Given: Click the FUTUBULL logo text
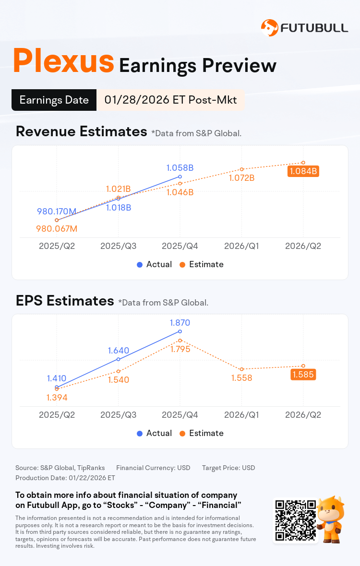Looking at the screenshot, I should click(x=314, y=28).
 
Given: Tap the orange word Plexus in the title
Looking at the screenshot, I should click(x=63, y=61).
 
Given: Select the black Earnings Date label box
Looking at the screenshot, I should click(x=54, y=100).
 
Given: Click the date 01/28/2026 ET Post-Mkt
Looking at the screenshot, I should click(x=170, y=100).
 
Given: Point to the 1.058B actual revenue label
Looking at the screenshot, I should click(x=180, y=168).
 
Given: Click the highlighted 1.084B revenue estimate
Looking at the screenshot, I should click(x=303, y=171).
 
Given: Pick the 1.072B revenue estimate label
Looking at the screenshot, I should click(x=241, y=178).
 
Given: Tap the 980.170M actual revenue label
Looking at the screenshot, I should click(x=57, y=211).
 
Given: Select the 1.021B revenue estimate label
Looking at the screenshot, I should click(x=118, y=189).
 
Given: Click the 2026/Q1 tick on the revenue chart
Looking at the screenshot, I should click(x=241, y=246).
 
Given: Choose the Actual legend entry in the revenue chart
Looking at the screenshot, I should click(x=155, y=264).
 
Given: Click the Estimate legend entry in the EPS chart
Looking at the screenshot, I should click(x=202, y=433).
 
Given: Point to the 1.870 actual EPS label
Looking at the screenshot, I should click(x=180, y=323).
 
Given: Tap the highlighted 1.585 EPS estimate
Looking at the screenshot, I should click(x=303, y=375).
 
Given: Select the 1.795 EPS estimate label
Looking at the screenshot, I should click(x=180, y=349).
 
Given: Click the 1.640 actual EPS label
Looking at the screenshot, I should click(x=118, y=351).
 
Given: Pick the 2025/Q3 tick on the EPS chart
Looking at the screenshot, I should click(x=118, y=415).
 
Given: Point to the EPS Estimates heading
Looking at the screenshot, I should click(x=65, y=301).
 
